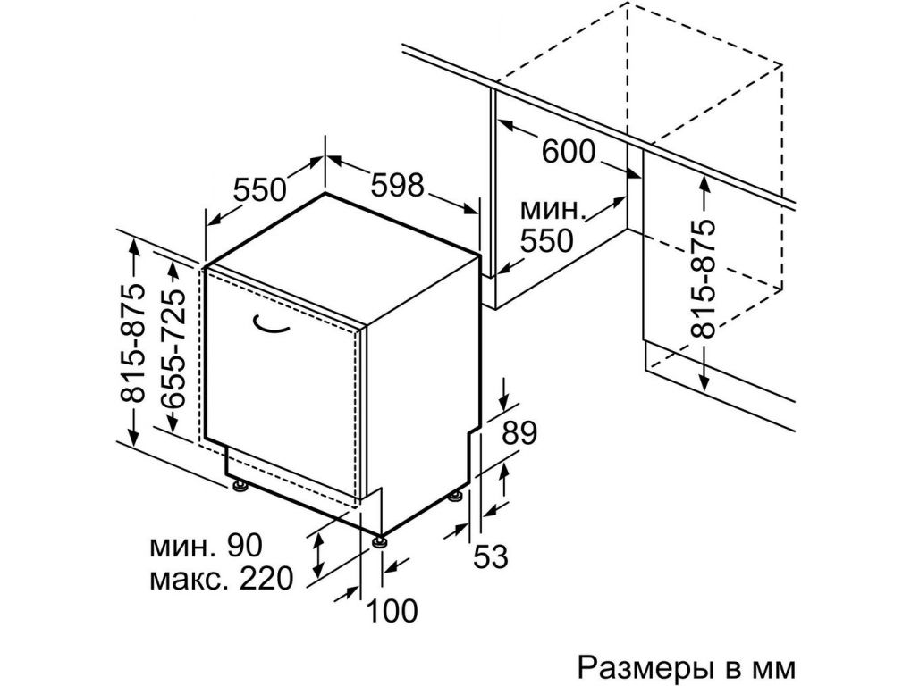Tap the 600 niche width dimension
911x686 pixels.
pos(569,152)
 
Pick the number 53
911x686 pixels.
pos(490,556)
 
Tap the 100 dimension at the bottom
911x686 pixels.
pos(391,611)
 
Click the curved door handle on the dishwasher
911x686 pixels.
pos(270,326)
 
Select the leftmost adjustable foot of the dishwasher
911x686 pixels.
pos(240,486)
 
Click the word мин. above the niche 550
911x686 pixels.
pos(553,212)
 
